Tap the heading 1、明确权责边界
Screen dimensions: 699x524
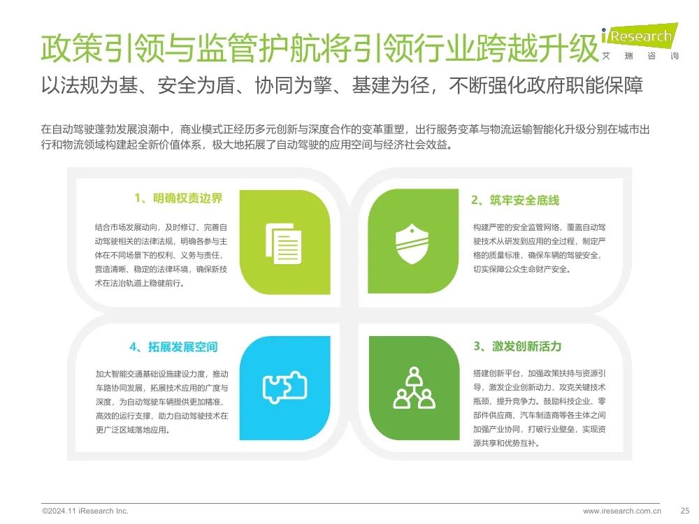(178, 198)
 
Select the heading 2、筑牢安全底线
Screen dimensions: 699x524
(515, 201)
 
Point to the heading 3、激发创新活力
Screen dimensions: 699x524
(517, 347)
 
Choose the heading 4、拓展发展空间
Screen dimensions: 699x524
(173, 347)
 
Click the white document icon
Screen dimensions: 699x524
(284, 243)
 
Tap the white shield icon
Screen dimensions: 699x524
(412, 244)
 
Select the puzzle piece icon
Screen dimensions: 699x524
(285, 387)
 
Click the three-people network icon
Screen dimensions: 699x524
(414, 388)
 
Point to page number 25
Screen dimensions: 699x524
(685, 511)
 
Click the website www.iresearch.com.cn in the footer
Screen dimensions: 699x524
(622, 511)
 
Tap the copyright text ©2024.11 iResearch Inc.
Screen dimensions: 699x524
(85, 511)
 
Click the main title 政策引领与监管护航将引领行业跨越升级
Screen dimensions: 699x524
(319, 48)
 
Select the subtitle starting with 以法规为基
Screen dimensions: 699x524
(342, 85)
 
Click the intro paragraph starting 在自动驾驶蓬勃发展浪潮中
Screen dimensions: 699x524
(345, 137)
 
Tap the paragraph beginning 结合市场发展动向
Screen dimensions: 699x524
(161, 255)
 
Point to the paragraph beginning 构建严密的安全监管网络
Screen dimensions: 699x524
(540, 248)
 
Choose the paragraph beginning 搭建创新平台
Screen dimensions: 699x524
(540, 408)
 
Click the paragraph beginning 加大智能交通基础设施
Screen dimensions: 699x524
(162, 402)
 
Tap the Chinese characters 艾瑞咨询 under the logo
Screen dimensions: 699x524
(640, 56)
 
